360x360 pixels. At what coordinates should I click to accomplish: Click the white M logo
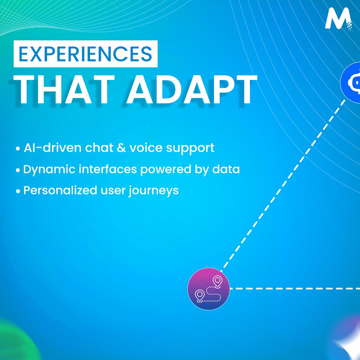(x=338, y=18)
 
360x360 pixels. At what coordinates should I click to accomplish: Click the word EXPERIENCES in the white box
(x=85, y=54)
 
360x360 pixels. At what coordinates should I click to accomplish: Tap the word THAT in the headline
(x=64, y=90)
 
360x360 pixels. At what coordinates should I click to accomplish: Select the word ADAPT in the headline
(x=191, y=90)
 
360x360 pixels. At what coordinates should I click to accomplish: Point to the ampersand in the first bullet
(x=121, y=148)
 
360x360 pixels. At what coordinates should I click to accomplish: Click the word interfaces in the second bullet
(x=108, y=169)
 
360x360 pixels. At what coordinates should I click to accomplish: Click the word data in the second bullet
(x=226, y=169)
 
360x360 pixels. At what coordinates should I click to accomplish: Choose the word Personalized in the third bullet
(x=60, y=190)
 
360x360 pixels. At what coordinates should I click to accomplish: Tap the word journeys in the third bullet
(x=153, y=191)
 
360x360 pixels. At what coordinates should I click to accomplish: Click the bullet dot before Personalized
(x=18, y=191)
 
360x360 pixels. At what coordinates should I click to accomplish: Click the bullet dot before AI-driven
(x=18, y=149)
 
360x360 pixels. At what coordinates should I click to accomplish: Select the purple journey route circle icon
(x=209, y=289)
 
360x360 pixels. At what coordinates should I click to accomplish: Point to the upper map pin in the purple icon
(x=217, y=282)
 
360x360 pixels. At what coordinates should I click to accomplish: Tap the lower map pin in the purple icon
(x=200, y=296)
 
